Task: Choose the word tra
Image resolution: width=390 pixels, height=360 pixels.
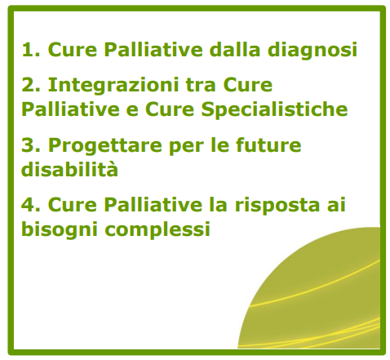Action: [x=201, y=85]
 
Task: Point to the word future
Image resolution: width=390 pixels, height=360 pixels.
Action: [x=268, y=144]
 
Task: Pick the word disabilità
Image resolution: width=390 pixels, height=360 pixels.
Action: [x=69, y=168]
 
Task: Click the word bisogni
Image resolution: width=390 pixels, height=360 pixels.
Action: [x=60, y=230]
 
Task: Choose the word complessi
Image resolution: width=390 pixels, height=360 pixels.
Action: [x=157, y=230]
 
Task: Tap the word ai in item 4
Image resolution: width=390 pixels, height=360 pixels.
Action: [x=336, y=204]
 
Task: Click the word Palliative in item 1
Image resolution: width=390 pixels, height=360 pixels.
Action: [x=153, y=49]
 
